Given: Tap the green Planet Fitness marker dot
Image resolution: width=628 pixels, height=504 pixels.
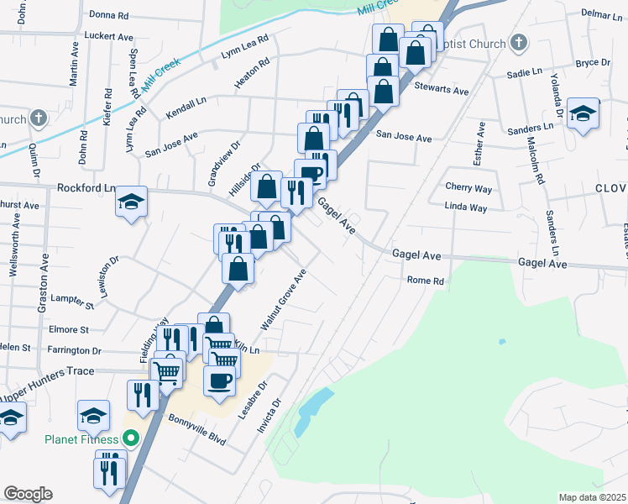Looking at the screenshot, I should (x=130, y=438).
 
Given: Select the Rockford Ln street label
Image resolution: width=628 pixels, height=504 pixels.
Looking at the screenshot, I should (x=84, y=188).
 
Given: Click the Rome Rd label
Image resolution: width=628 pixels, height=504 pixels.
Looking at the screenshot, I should (x=424, y=281).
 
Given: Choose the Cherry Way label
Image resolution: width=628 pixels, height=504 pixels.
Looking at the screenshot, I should (x=468, y=187).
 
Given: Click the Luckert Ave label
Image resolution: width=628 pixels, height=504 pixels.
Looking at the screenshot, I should (x=109, y=37).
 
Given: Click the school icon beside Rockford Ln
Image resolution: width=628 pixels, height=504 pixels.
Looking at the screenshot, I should (x=131, y=202).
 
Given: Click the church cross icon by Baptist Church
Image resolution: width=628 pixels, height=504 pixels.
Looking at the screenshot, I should (x=518, y=43).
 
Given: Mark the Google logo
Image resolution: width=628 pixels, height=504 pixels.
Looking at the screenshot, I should (x=28, y=494).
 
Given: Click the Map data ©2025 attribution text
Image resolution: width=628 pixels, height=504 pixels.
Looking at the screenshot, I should (x=592, y=497).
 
